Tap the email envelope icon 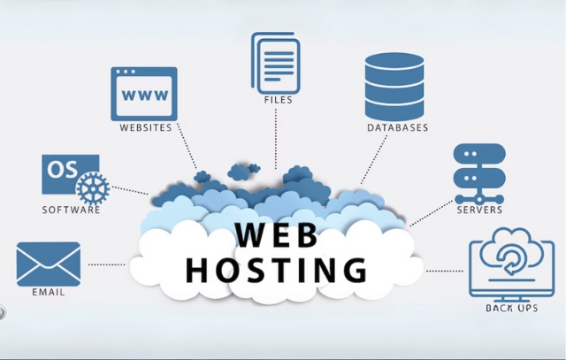click(x=48, y=264)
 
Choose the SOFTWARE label click(x=71, y=211)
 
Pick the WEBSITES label click(x=145, y=127)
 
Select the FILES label click(x=278, y=100)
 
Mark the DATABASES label click(x=397, y=128)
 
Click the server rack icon click(x=478, y=172)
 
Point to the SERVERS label click(x=479, y=211)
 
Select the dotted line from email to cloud click(x=106, y=264)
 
